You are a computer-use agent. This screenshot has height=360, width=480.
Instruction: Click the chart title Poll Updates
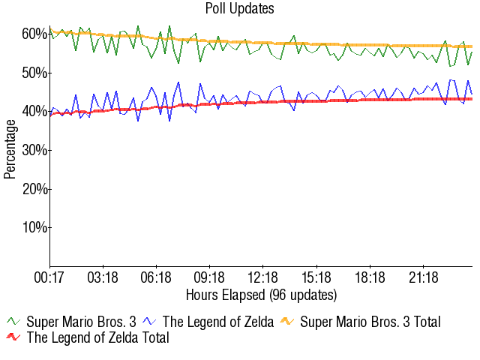tap(240, 9)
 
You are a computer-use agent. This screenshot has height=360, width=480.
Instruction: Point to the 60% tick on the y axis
tap(34, 34)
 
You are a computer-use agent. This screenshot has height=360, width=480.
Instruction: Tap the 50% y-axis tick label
tap(34, 73)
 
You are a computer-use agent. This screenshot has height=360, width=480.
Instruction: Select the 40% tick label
tap(34, 112)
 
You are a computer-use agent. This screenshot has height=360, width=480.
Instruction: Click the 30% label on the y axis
tap(34, 150)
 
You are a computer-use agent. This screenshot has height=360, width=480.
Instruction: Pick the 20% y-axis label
tap(34, 189)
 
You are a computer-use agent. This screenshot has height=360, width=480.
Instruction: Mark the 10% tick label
tap(34, 227)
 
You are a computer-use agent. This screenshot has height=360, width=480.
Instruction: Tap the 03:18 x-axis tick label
tap(103, 278)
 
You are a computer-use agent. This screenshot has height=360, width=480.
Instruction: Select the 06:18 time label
tap(156, 278)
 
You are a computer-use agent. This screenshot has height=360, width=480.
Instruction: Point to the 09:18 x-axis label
tap(209, 278)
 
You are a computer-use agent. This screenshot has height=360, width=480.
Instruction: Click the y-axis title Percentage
tap(10, 150)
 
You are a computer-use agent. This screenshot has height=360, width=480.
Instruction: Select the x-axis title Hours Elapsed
tap(261, 294)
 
